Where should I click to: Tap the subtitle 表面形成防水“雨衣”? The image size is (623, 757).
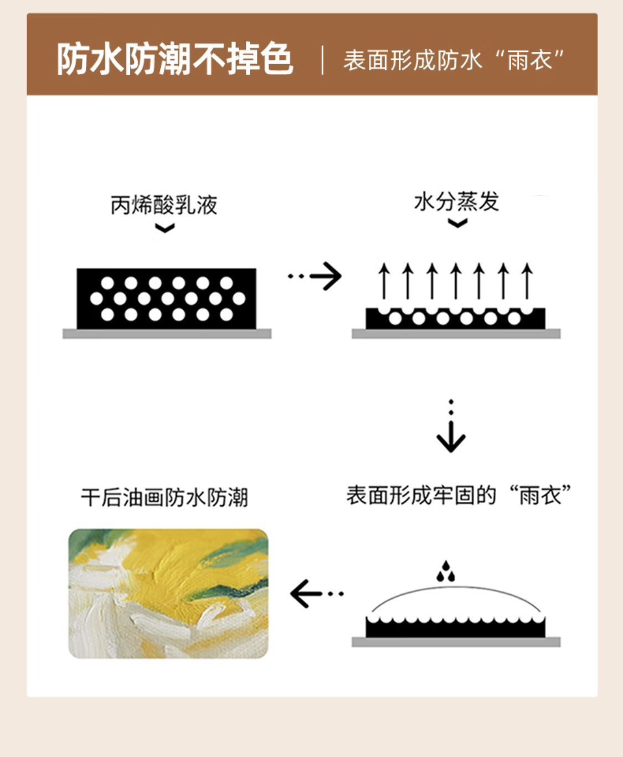click(x=454, y=60)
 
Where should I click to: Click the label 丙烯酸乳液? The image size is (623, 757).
click(x=164, y=205)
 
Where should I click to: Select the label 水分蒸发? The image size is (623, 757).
click(x=457, y=202)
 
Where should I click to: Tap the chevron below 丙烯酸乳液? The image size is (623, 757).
click(x=165, y=228)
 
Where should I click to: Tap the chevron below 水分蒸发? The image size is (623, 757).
click(x=458, y=223)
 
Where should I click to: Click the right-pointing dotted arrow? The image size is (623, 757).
click(x=315, y=276)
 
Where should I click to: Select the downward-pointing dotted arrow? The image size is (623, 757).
click(x=451, y=426)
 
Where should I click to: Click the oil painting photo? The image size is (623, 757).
click(x=168, y=593)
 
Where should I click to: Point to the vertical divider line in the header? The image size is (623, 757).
click(x=322, y=60)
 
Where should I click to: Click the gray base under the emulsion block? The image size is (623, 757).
click(x=167, y=334)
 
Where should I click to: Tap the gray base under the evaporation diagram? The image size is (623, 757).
click(x=456, y=334)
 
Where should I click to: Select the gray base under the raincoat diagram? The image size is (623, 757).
click(x=456, y=642)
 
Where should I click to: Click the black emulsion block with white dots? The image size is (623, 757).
click(x=166, y=298)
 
